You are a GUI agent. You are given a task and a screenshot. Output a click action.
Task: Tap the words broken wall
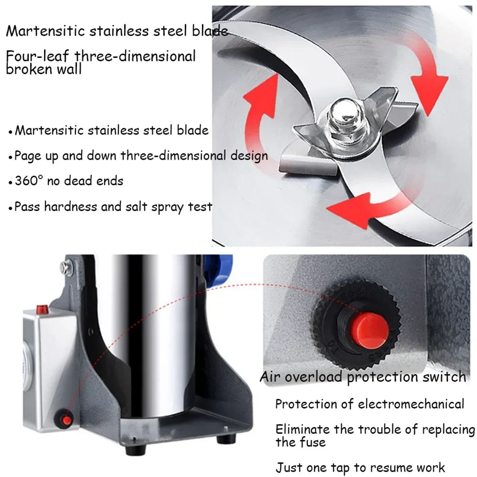44,70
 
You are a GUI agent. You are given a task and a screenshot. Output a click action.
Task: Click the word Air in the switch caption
270,377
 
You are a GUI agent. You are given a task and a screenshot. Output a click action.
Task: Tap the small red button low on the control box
66,420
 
